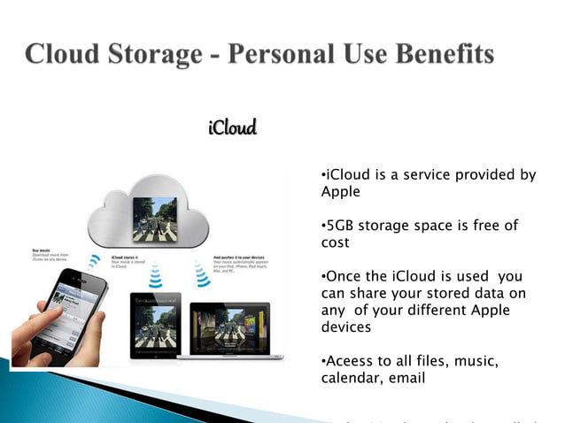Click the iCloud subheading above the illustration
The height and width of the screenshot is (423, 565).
click(x=232, y=128)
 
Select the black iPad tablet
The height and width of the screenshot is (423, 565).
click(x=155, y=324)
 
